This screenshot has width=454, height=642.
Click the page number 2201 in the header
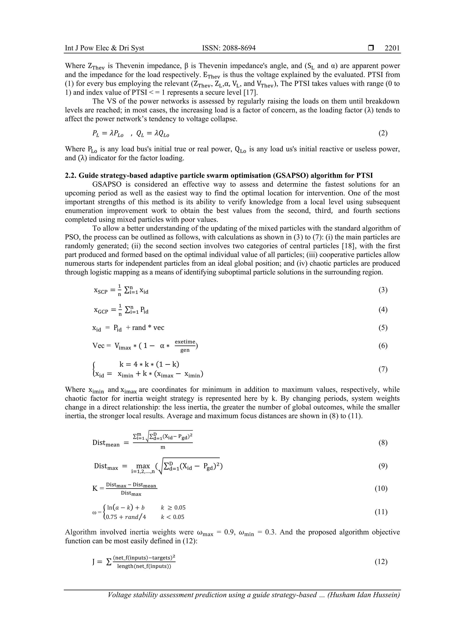coord(392,48)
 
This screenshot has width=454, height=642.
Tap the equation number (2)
coord(383,133)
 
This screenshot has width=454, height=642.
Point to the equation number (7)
coord(383,369)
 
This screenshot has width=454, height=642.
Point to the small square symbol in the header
coord(371,48)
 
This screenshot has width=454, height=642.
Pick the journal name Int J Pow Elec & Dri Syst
coord(104,48)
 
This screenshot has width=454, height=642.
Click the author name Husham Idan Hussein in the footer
coord(364,602)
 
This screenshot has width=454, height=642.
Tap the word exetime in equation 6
coord(185,342)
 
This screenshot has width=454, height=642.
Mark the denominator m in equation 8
coord(163,447)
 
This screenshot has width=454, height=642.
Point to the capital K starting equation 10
coord(95,488)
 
